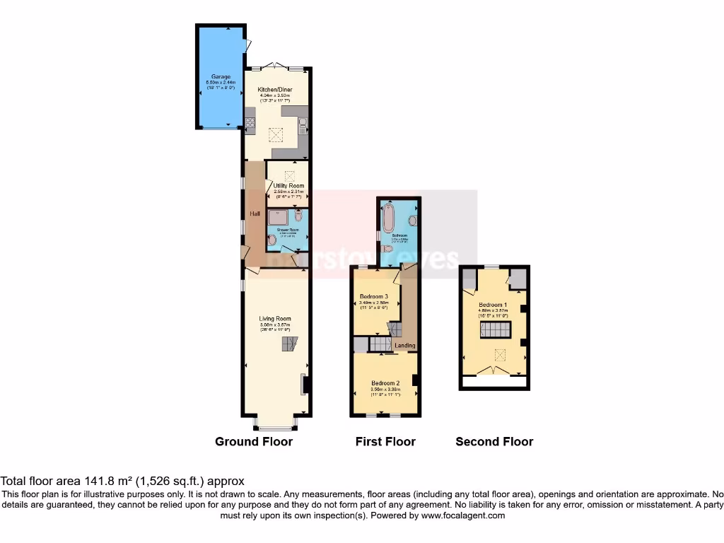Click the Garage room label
[x=218, y=76]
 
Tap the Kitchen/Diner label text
[x=275, y=90]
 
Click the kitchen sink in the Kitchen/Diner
[x=302, y=126]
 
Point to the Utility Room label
[x=288, y=185]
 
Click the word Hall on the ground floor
[x=254, y=213]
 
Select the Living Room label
[x=274, y=319]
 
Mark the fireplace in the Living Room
[x=304, y=384]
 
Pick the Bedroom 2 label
[x=385, y=383]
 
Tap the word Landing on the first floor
[x=405, y=346]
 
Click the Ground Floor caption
[x=254, y=442]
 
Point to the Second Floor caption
[x=494, y=442]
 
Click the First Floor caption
[x=385, y=442]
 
